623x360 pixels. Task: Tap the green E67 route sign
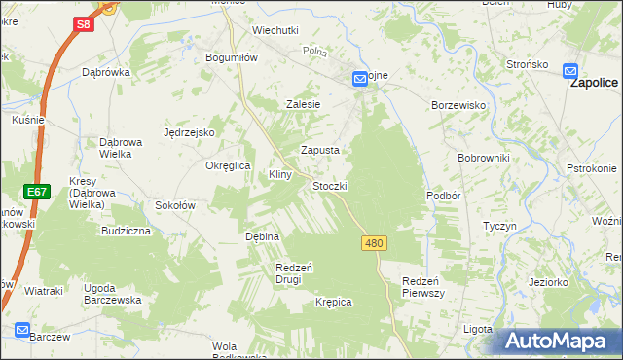(x=37, y=192)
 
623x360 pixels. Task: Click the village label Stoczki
(x=329, y=185)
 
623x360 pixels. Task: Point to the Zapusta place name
(x=319, y=150)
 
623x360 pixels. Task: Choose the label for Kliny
(x=280, y=174)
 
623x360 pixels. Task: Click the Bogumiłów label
(x=231, y=57)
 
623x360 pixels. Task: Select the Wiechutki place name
(x=275, y=30)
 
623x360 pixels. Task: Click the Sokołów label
(x=176, y=205)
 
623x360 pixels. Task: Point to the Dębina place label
(x=262, y=236)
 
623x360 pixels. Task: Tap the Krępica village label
(x=333, y=302)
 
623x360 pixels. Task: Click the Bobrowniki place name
(x=477, y=157)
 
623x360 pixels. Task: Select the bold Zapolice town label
(x=595, y=84)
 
